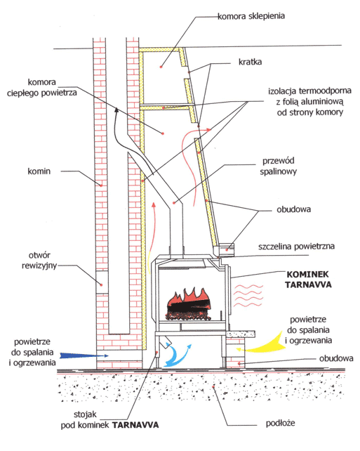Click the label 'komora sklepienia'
tap(251, 16)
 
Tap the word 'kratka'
tap(250, 62)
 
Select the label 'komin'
tap(39, 171)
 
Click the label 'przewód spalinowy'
tap(278, 166)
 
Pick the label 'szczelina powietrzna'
tap(296, 247)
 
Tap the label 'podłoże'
tap(281, 423)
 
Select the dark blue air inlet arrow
tap(84, 355)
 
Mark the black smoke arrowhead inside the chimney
tap(116, 110)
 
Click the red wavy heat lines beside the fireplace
tap(248, 295)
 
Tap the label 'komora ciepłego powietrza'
tap(42, 87)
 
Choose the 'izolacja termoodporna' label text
tap(309, 102)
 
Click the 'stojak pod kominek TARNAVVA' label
tap(109, 419)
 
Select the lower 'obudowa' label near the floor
tap(336, 358)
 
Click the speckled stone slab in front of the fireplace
tap(241, 334)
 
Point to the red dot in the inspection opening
tap(102, 285)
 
